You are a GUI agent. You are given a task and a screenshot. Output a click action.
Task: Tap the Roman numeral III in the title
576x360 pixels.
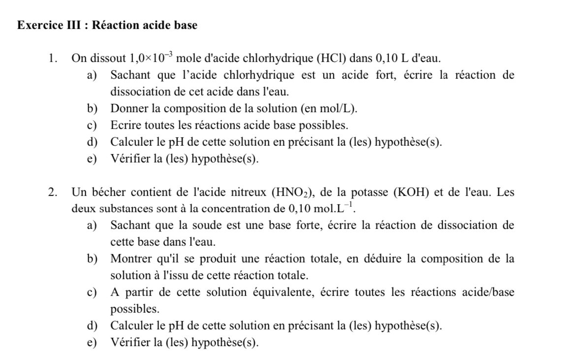pyautogui.click(x=74, y=26)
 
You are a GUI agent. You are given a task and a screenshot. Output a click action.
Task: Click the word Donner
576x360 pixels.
pyautogui.click(x=129, y=108)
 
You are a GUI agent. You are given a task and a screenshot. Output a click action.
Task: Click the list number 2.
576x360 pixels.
pyautogui.click(x=52, y=192)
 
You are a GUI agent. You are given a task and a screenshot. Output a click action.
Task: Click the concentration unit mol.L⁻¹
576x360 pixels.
pyautogui.click(x=337, y=208)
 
